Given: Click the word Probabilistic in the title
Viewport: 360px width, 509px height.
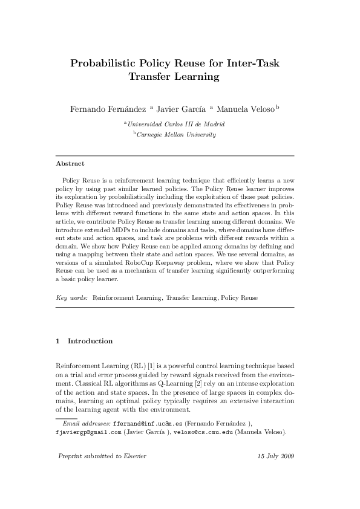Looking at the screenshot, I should tap(104, 63).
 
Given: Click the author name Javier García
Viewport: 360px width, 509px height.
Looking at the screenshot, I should tap(181, 109).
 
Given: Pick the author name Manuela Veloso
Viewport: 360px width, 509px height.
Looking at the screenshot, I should tap(246, 109).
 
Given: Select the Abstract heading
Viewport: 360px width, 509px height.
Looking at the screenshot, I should tap(70, 163).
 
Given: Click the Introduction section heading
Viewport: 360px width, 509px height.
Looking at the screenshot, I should tap(90, 341).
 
